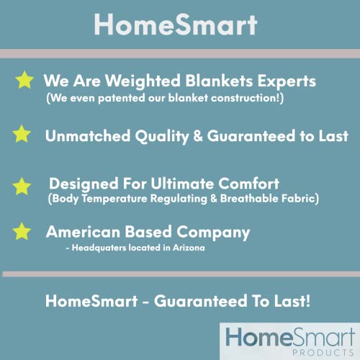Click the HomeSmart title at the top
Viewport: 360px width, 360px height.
pyautogui.click(x=176, y=24)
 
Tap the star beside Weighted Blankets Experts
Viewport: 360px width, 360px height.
pyautogui.click(x=24, y=79)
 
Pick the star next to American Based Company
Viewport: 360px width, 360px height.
pyautogui.click(x=23, y=232)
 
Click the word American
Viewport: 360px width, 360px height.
pyautogui.click(x=80, y=233)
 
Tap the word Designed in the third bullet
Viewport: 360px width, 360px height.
pyautogui.click(x=80, y=184)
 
